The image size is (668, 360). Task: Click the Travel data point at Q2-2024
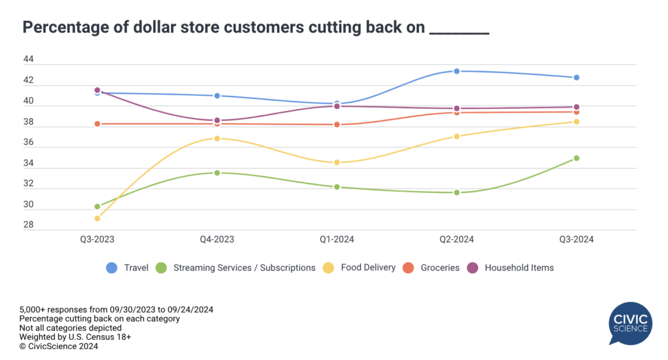point(457,71)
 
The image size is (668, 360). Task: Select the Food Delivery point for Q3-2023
point(97,218)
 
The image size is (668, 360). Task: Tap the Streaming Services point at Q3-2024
point(577,158)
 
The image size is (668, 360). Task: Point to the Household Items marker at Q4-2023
point(217,121)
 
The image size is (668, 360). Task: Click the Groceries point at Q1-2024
point(337,125)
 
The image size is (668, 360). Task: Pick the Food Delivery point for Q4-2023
point(217,138)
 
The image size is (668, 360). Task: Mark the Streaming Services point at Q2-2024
point(457,192)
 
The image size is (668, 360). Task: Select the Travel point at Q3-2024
point(577,78)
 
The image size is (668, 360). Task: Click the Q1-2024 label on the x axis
point(337,239)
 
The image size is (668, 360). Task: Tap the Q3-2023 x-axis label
point(97,239)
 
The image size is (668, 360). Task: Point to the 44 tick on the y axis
point(28,60)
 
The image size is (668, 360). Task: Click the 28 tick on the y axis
point(28,225)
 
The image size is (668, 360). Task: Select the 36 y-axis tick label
point(28,143)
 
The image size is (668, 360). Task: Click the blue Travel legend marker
point(112,267)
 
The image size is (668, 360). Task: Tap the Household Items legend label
point(519,267)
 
